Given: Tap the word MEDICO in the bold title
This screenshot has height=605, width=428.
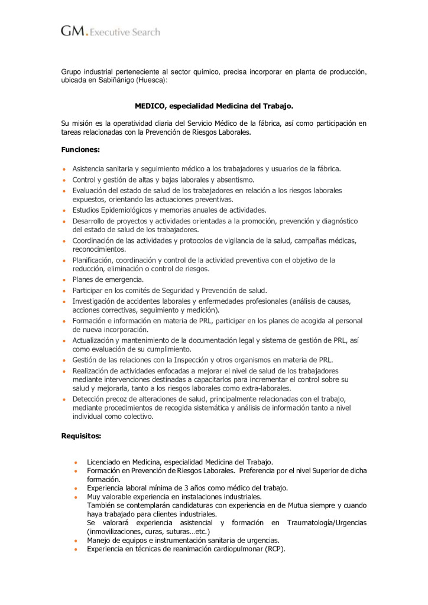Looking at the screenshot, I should tap(150, 106).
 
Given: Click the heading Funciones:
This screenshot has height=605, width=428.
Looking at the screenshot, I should tap(80, 149).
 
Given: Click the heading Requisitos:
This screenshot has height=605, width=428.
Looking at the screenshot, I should tap(81, 436).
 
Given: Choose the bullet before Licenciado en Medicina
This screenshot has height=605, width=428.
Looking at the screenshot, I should tap(76, 462).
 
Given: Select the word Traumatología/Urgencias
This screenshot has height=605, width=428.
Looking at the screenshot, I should tap(327, 523).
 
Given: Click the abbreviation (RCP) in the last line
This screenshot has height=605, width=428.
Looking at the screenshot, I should tap(274, 549).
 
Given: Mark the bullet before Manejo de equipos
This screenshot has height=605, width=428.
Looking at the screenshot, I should tap(76, 541).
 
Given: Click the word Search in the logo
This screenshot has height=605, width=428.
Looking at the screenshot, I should tap(146, 32).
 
